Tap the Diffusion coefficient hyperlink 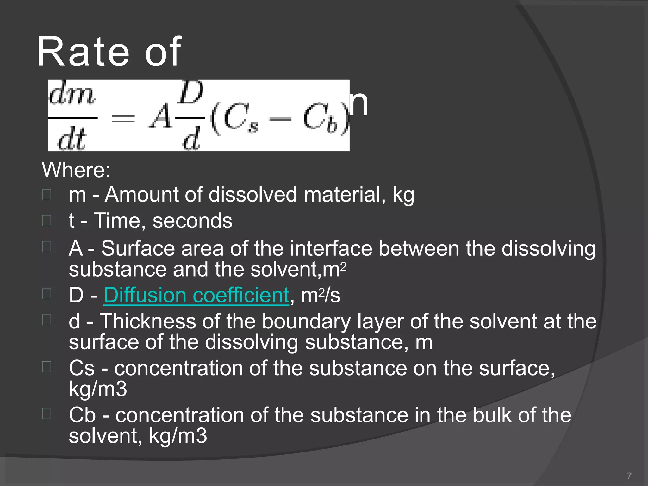pyautogui.click(x=196, y=295)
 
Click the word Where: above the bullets pyautogui.click(x=76, y=170)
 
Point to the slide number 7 pyautogui.click(x=629, y=476)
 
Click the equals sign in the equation pyautogui.click(x=123, y=119)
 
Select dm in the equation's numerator pyautogui.click(x=72, y=95)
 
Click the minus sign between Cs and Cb pyautogui.click(x=280, y=119)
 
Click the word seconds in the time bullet pyautogui.click(x=192, y=221)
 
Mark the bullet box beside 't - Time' pyautogui.click(x=47, y=221)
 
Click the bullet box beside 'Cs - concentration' pyautogui.click(x=47, y=367)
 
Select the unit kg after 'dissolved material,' pyautogui.click(x=403, y=195)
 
